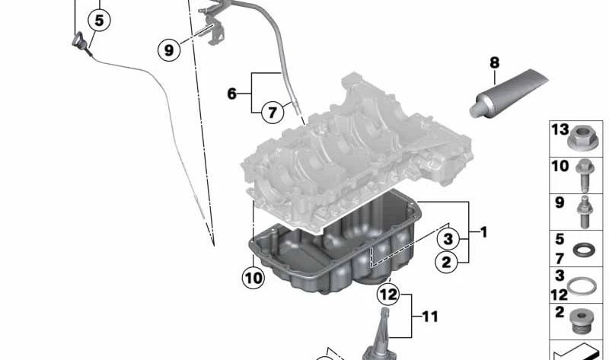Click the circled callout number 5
tap(100, 21)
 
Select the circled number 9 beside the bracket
tap(169, 49)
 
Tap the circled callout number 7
tap(273, 112)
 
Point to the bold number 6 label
tap(232, 94)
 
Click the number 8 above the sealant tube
tap(494, 62)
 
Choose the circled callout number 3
tap(448, 239)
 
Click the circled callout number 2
tap(447, 263)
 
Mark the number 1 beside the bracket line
tap(483, 232)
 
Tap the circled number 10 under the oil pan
tap(253, 278)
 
